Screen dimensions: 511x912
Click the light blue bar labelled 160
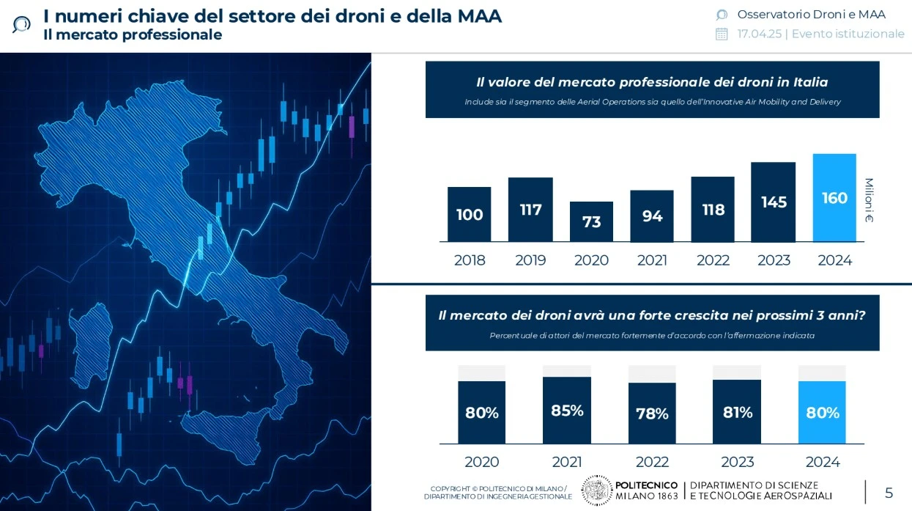pos(834,198)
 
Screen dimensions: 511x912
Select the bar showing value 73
pos(591,221)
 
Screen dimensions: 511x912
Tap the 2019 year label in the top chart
pos(530,260)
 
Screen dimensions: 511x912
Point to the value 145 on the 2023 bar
pos(774,202)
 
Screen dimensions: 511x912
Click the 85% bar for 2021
pos(567,410)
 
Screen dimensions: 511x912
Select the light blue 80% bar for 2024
pos(822,412)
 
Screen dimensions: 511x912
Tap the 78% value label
pos(652,413)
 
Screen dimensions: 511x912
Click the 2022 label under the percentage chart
pos(652,462)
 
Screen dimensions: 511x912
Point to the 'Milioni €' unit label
pos(869,200)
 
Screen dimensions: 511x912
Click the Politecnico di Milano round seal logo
pos(597,490)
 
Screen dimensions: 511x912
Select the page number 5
pos(889,493)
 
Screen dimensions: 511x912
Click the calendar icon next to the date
pos(722,34)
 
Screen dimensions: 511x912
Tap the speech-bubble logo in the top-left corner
pos(21,24)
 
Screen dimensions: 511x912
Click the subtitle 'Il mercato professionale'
pos(133,34)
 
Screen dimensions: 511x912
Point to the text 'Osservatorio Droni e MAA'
pos(811,15)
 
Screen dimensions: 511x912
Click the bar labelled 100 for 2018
pos(470,214)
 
